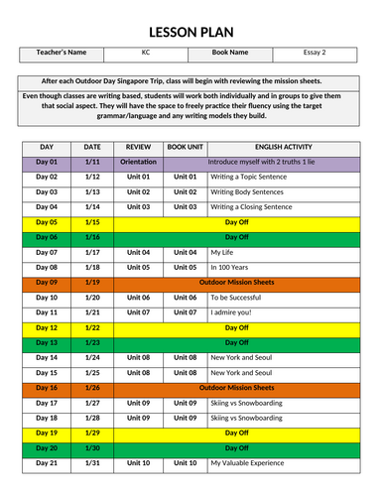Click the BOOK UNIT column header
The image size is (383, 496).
pyautogui.click(x=185, y=146)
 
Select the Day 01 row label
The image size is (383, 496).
pyautogui.click(x=47, y=161)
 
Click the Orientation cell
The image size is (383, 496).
pyautogui.click(x=138, y=161)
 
